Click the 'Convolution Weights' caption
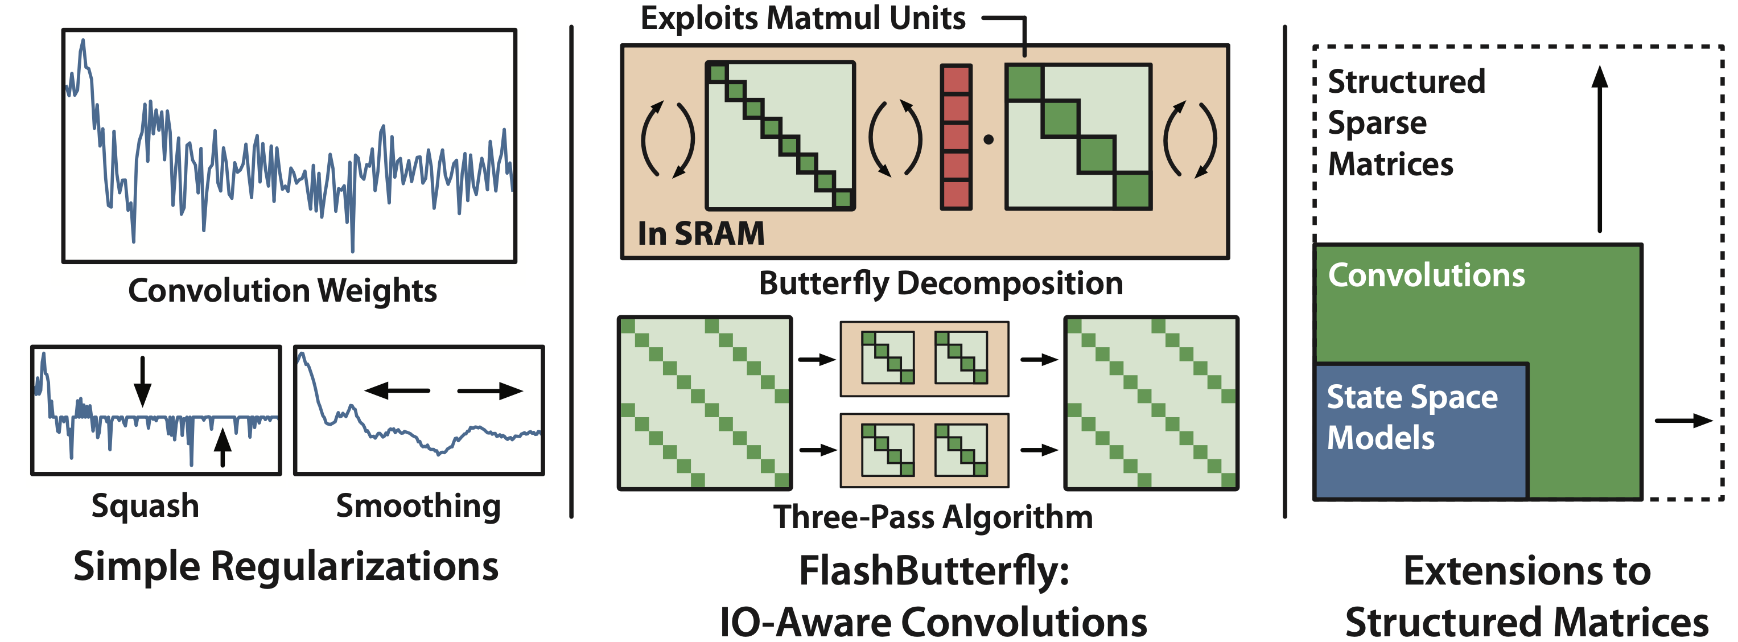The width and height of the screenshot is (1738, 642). pos(282,291)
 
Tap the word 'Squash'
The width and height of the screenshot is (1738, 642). pos(145,505)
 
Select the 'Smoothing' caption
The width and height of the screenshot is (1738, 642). pos(418,505)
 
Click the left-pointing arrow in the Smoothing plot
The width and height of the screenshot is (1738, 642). pos(397,390)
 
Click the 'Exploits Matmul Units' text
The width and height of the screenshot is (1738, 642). pos(802,18)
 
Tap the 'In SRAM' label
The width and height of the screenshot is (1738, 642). pos(701,233)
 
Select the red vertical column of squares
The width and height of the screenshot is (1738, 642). pos(956,137)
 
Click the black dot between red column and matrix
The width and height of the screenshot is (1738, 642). pos(989,140)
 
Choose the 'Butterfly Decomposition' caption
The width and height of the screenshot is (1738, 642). pos(941,283)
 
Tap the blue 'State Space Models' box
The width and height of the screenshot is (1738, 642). pos(1420,432)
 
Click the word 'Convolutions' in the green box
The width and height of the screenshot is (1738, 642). pos(1426,275)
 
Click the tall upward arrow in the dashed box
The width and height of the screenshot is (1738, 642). pos(1599,149)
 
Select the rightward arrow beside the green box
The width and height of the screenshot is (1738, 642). pos(1683,421)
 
